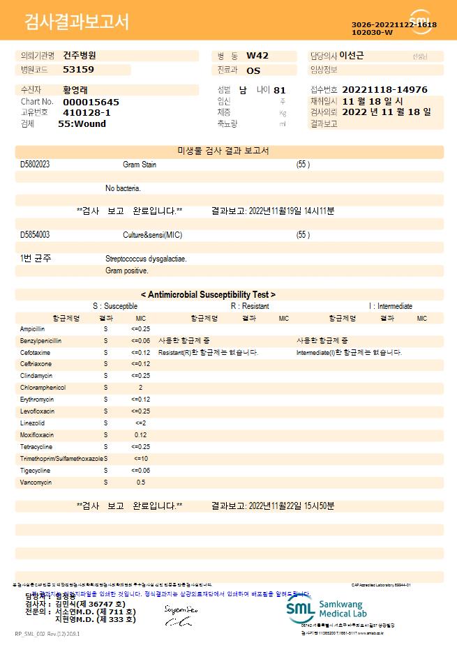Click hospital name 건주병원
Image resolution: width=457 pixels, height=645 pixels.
coord(79,55)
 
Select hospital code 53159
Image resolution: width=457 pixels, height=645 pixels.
coord(78,69)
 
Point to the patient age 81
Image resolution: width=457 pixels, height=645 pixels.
coord(280,90)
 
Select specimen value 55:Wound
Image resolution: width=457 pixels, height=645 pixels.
coord(82,123)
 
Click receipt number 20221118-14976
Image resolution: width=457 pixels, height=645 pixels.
coord(385,90)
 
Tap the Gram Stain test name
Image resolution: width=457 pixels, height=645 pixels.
coord(140,165)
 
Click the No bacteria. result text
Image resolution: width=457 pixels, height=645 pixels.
coord(123,188)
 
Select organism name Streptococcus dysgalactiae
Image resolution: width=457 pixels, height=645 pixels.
coord(146,259)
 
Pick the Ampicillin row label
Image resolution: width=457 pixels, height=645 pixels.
coord(33,328)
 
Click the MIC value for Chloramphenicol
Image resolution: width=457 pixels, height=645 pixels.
coord(140,387)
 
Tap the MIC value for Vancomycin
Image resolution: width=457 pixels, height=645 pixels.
coord(140,482)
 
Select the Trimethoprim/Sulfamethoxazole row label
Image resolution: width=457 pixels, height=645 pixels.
coord(61,458)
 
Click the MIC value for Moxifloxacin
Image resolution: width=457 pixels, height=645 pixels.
coord(140,434)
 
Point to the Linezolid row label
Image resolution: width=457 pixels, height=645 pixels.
coord(32,423)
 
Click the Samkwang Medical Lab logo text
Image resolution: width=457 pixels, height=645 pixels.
coord(346,607)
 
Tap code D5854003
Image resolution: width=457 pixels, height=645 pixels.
coord(35,235)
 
